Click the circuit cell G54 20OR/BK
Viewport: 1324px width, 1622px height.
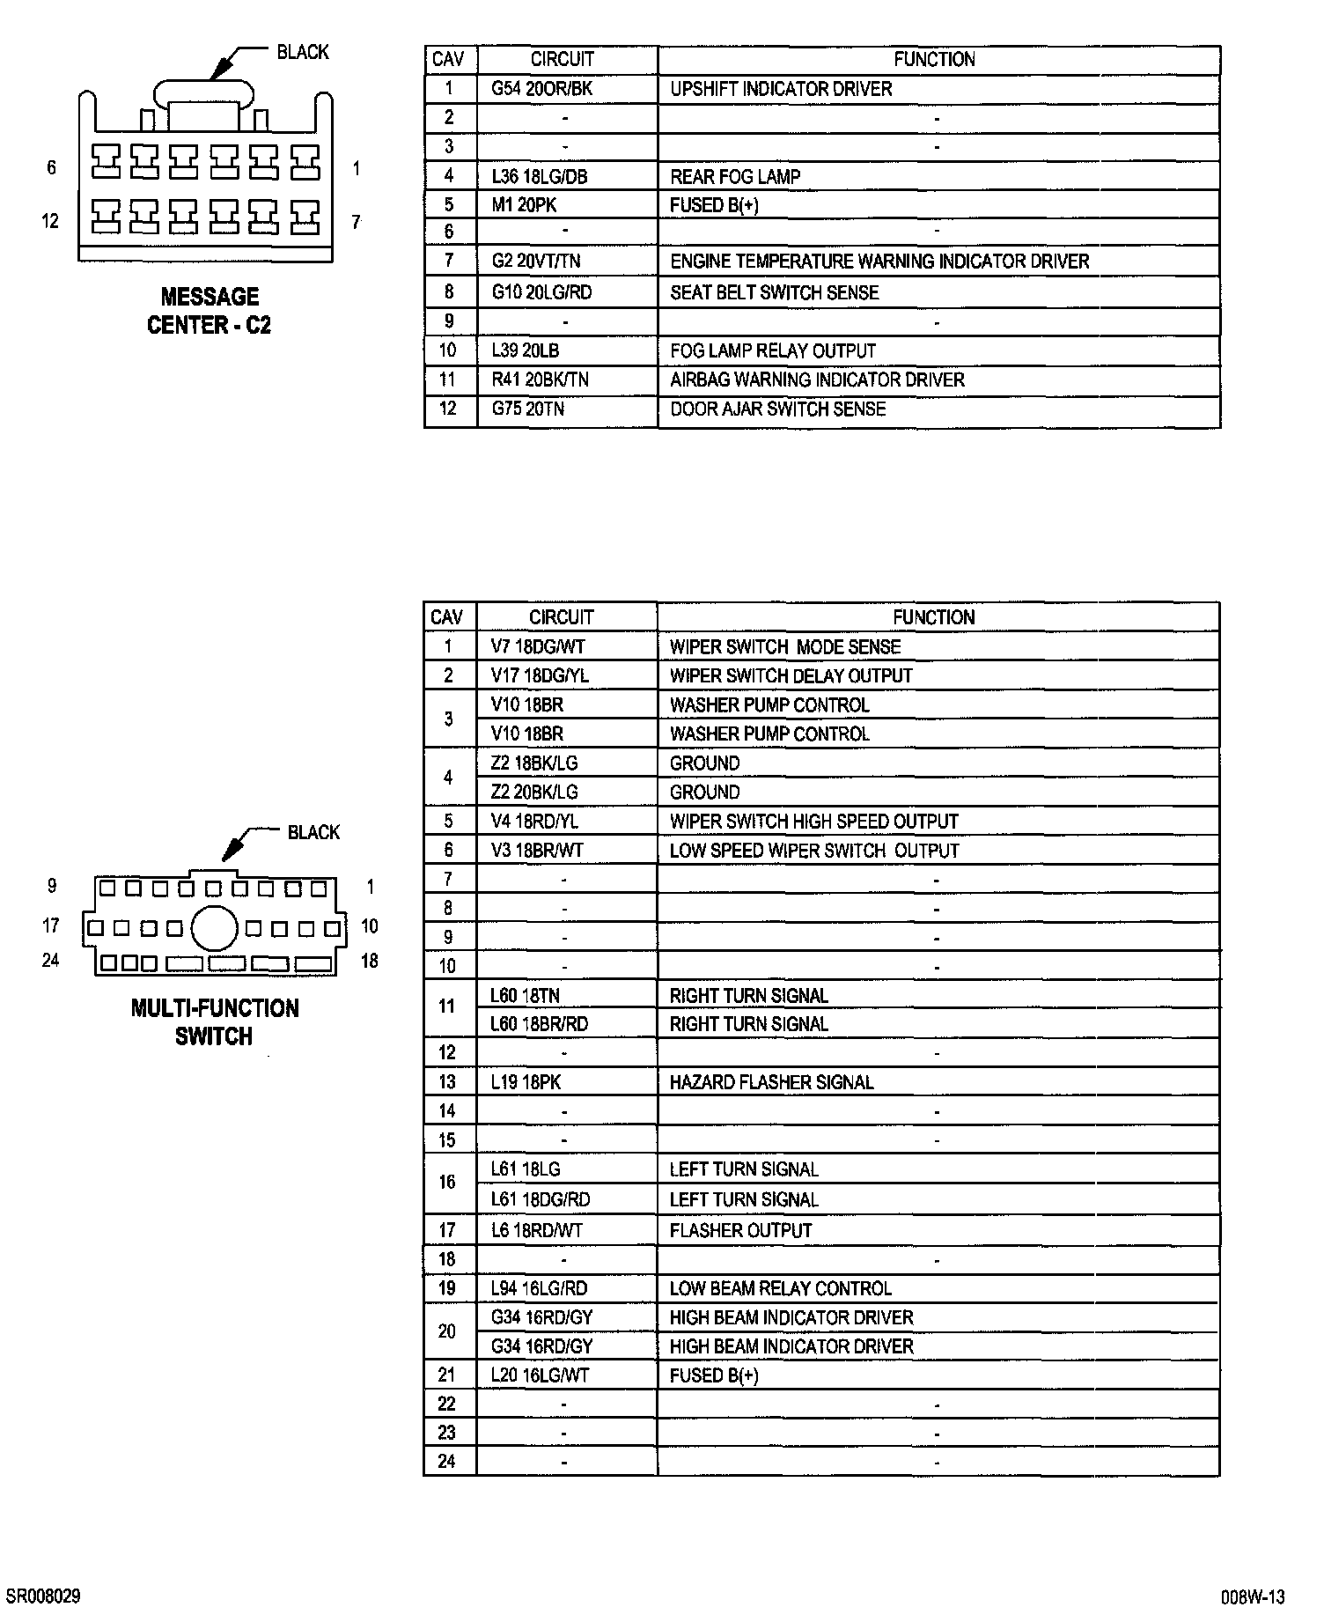click(x=541, y=89)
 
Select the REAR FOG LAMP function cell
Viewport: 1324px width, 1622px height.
click(x=735, y=177)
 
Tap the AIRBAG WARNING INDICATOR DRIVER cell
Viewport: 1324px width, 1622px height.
click(x=817, y=380)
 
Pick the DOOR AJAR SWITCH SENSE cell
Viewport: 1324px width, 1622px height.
click(x=777, y=409)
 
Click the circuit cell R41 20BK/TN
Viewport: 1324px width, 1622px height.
click(x=540, y=380)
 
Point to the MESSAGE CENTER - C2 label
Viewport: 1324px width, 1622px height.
click(x=210, y=311)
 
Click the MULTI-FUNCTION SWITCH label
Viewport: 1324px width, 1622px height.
click(x=215, y=1022)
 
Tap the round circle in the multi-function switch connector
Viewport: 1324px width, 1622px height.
click(x=214, y=928)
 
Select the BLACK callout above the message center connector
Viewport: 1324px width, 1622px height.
click(x=302, y=52)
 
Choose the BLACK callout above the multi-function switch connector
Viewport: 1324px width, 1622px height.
click(x=313, y=832)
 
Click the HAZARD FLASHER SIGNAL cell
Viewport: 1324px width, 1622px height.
click(x=771, y=1082)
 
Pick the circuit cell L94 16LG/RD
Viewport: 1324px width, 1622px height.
click(x=539, y=1288)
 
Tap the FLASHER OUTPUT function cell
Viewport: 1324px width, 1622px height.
click(x=740, y=1230)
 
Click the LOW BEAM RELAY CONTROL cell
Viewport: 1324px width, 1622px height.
click(x=780, y=1288)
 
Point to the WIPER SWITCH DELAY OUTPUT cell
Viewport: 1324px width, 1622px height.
click(x=791, y=675)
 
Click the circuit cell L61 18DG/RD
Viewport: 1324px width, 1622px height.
click(x=540, y=1199)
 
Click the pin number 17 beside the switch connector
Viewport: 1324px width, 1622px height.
click(x=51, y=925)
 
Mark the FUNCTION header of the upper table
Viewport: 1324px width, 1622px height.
click(x=934, y=60)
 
